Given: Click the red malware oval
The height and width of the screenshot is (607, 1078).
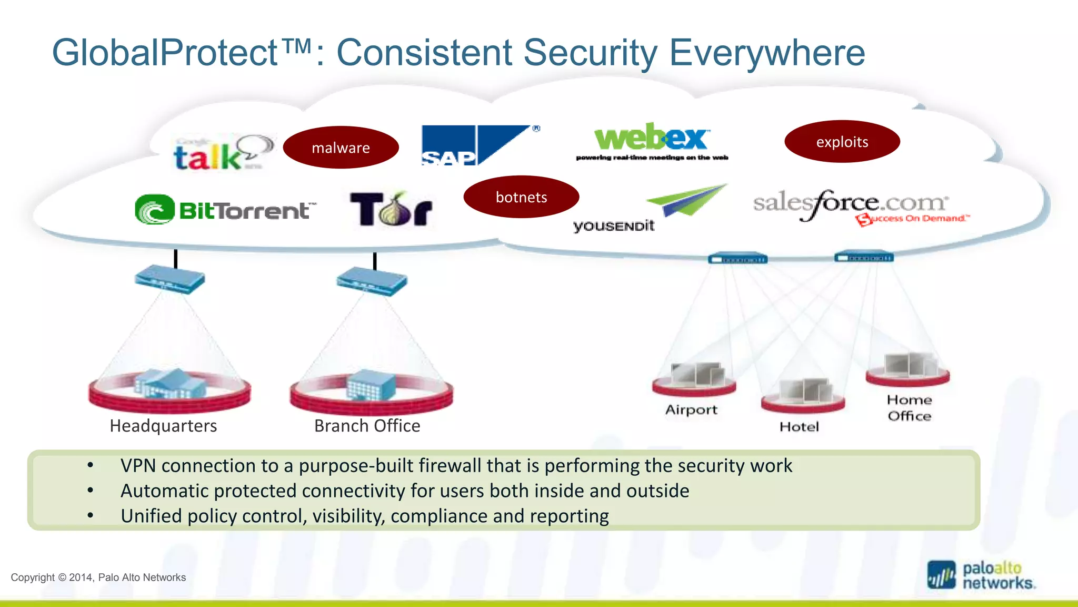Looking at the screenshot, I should click(341, 148).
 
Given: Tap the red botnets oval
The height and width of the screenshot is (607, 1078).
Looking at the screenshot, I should click(521, 197).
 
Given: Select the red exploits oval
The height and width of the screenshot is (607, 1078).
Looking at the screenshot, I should click(842, 142).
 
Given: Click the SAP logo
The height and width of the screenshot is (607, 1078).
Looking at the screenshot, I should click(476, 145).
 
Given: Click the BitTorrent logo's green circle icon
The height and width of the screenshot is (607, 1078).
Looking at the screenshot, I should click(154, 210).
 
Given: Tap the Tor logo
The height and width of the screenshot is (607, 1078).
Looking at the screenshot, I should click(391, 209).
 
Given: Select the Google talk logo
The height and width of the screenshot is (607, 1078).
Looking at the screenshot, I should click(221, 154).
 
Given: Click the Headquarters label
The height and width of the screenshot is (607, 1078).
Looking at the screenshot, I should click(163, 426).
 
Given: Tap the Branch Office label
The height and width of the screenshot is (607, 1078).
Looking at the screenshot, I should click(367, 426).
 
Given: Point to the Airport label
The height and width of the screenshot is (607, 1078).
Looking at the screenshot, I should click(691, 409).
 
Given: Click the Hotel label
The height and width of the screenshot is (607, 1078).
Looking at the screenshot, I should click(799, 427).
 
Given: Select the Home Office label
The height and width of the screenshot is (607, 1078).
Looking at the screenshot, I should click(909, 408).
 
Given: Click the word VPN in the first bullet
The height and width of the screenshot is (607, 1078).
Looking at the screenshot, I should click(138, 466).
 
